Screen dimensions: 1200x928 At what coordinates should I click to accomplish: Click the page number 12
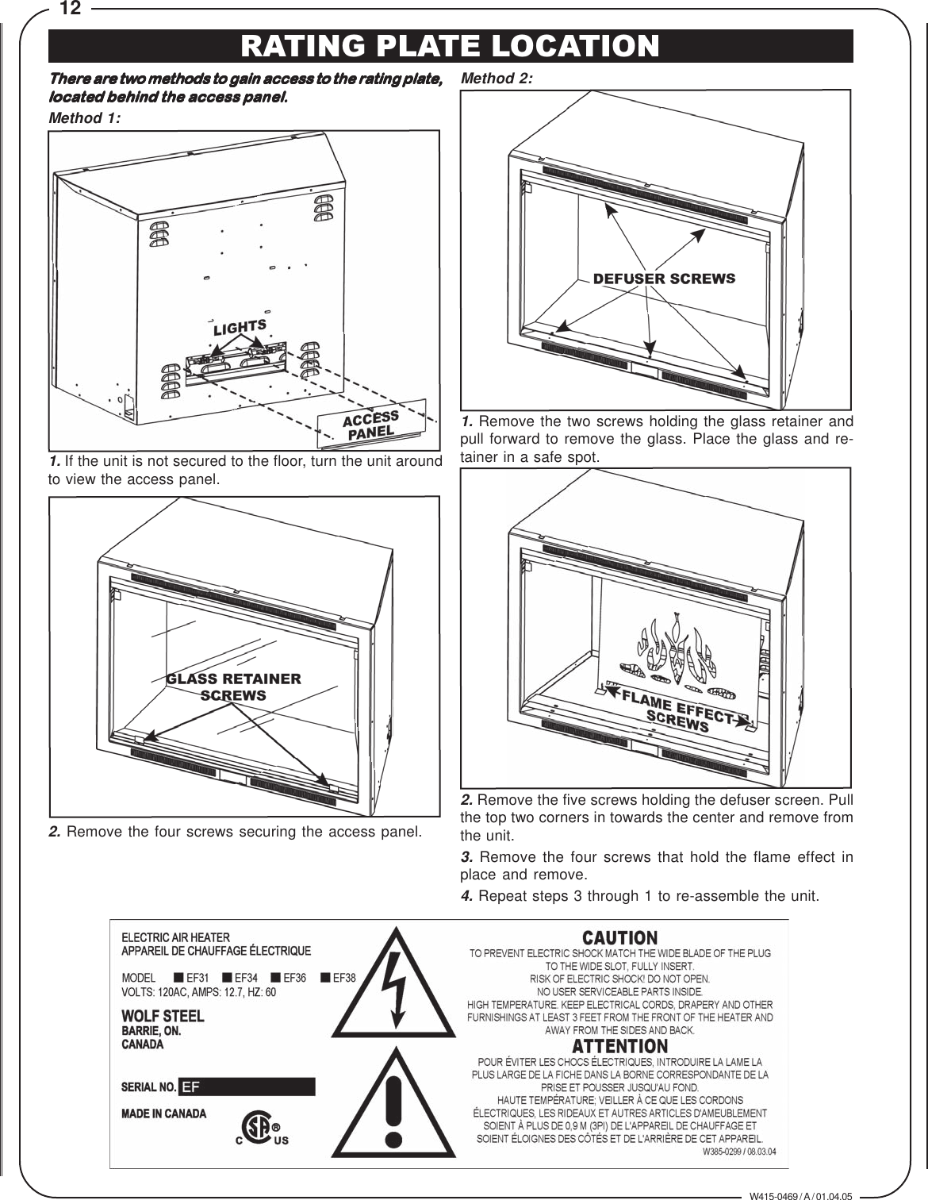(x=71, y=10)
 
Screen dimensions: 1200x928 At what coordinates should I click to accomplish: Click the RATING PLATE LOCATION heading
(x=450, y=45)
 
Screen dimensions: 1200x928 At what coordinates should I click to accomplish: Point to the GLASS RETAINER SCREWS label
(x=233, y=687)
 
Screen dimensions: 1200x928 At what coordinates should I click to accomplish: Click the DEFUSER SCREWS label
(x=664, y=279)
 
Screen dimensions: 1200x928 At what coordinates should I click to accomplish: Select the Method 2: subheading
(x=497, y=79)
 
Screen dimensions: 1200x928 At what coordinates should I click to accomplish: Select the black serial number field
(x=247, y=1087)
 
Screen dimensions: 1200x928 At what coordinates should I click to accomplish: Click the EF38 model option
(x=339, y=977)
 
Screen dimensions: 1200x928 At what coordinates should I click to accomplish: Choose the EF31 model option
(x=191, y=977)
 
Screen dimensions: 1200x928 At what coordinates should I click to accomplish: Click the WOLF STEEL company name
(x=162, y=1016)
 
